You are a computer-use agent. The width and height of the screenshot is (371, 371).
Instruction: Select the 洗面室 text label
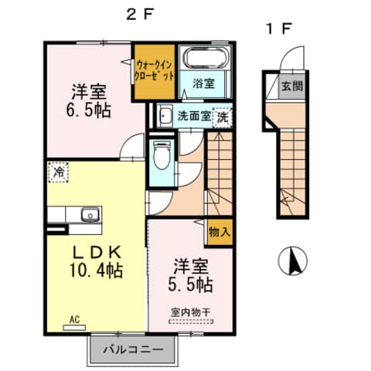(x=193, y=117)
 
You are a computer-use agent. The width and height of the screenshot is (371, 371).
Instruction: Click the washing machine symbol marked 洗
(x=222, y=117)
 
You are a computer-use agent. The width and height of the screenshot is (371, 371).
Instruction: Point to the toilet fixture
(x=160, y=158)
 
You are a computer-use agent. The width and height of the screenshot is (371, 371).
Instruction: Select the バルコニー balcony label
(x=133, y=350)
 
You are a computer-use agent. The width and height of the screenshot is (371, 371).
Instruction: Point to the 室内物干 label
(x=190, y=312)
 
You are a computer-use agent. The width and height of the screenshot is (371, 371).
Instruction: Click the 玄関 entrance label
(x=291, y=86)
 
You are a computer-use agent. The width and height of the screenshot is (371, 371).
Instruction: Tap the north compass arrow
(x=293, y=260)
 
